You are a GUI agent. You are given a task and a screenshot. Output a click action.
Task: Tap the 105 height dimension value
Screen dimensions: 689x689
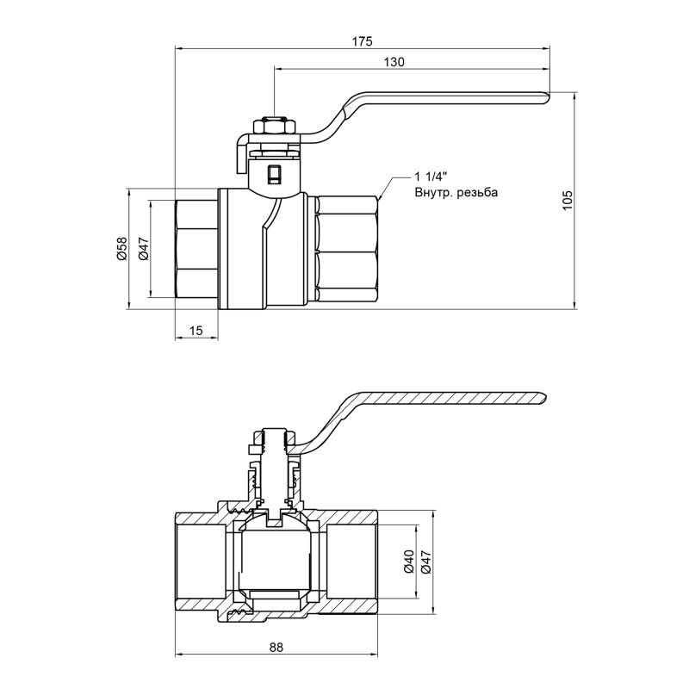[567, 199]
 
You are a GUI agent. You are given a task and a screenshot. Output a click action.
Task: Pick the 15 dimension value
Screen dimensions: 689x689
[196, 330]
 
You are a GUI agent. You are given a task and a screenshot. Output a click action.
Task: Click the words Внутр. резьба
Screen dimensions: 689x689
[456, 193]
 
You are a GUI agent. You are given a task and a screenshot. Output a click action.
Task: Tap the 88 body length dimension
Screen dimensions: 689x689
[276, 647]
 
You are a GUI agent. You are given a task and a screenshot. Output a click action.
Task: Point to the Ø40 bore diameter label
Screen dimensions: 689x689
[408, 563]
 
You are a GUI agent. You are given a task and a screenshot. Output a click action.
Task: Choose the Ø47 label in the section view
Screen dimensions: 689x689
[425, 563]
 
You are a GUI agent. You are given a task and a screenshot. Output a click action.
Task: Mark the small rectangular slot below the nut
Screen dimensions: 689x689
[274, 173]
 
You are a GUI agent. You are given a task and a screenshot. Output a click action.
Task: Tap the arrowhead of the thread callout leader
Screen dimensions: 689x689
[380, 198]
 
